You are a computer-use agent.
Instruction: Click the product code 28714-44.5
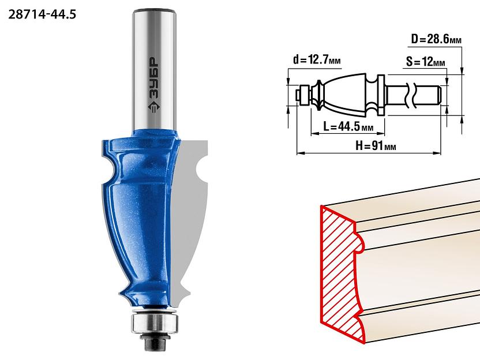point(42,14)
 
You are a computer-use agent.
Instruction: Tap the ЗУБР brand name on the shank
point(154,78)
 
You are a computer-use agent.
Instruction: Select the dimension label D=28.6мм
point(436,39)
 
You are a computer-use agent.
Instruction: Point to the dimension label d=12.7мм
point(317,59)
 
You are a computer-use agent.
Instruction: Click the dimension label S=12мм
point(426,62)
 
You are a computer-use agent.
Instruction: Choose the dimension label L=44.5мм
point(348,126)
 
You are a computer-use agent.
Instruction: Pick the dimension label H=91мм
point(376,146)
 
